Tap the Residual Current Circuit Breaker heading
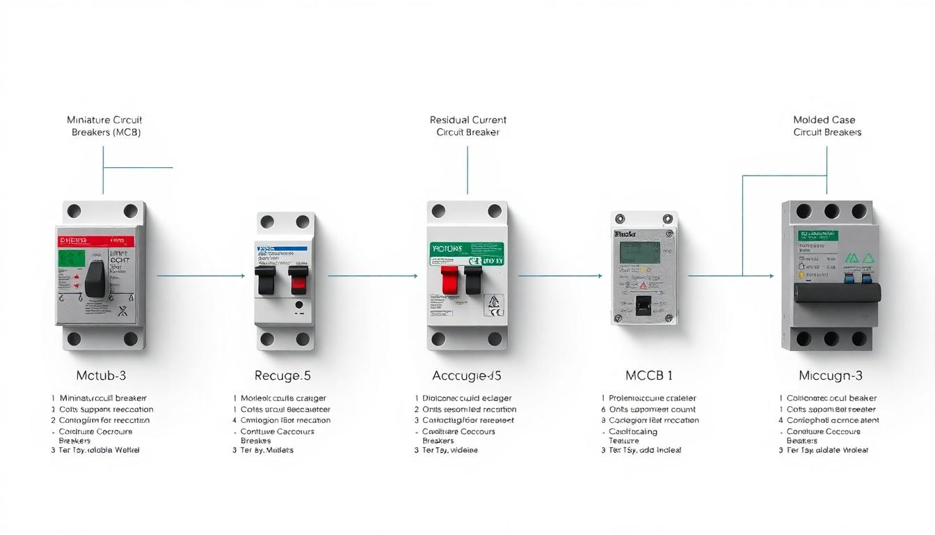pyautogui.click(x=468, y=126)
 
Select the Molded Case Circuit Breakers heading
pyautogui.click(x=827, y=126)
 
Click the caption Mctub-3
pyautogui.click(x=102, y=376)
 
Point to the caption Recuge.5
pyautogui.click(x=282, y=376)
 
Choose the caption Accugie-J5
pyautogui.click(x=467, y=376)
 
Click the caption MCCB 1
pyautogui.click(x=649, y=376)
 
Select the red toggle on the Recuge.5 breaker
pyautogui.click(x=299, y=281)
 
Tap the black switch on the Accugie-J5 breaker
pyautogui.click(x=473, y=279)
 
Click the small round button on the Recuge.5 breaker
pyautogui.click(x=298, y=304)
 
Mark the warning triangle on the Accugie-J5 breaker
pyautogui.click(x=493, y=301)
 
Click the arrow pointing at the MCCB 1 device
pyautogui.click(x=560, y=276)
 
